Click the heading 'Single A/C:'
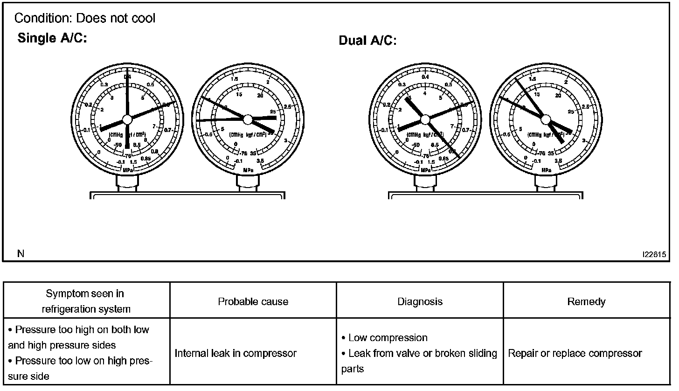click(52, 38)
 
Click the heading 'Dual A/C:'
click(367, 41)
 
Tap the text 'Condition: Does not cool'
click(85, 18)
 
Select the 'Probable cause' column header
click(253, 301)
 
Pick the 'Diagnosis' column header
click(420, 301)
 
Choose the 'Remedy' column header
click(586, 301)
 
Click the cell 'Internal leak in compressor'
click(236, 353)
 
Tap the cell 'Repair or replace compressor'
click(575, 353)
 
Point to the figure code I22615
click(654, 255)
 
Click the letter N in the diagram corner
click(21, 253)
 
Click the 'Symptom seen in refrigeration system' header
click(86, 301)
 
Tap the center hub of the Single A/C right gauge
click(248, 120)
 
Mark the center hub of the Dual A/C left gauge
click(425, 120)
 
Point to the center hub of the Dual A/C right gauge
click(545, 120)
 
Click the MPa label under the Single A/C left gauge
click(127, 170)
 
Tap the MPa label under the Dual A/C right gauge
click(546, 170)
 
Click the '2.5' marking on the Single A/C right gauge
click(288, 107)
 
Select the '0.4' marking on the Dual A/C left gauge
click(425, 77)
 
